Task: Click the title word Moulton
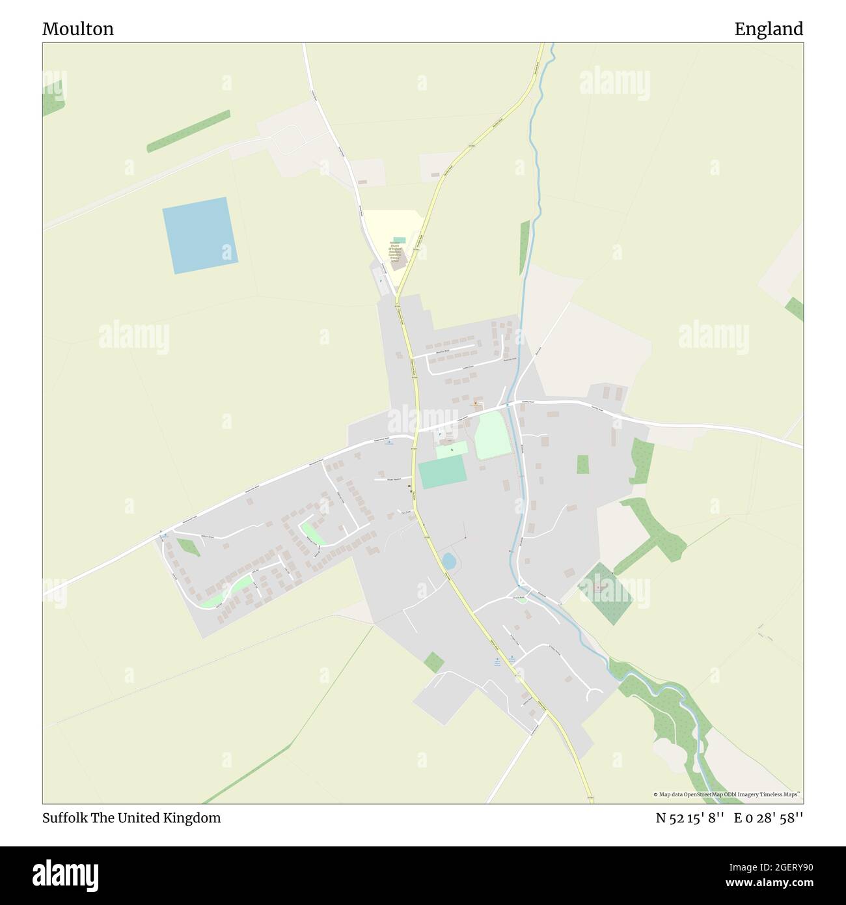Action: coord(78,29)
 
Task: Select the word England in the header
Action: coord(769,29)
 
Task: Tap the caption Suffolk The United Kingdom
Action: coord(131,818)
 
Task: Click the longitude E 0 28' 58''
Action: coord(769,818)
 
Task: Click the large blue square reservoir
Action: coord(200,235)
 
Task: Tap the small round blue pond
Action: coord(448,560)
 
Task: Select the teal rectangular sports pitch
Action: coord(443,472)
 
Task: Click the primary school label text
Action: coord(396,251)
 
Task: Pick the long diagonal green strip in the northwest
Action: coord(188,132)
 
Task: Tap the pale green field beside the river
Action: coord(492,436)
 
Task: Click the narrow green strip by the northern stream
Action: coord(525,247)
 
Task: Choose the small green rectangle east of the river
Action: coord(582,464)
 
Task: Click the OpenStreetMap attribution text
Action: coord(728,794)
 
